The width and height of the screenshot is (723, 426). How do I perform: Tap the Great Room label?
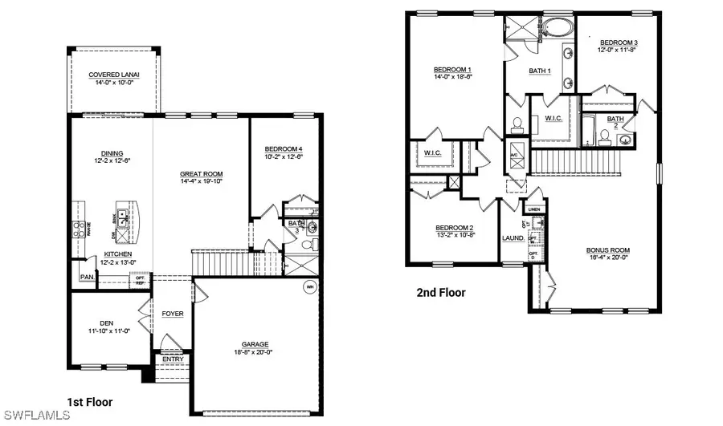click(x=201, y=174)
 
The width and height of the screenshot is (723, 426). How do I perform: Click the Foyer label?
click(x=173, y=314)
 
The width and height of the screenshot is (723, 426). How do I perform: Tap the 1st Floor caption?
click(x=88, y=402)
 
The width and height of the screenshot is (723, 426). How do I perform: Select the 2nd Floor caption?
click(x=441, y=293)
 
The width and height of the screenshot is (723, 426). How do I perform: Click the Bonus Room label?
click(x=607, y=250)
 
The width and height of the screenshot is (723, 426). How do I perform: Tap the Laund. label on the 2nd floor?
click(x=513, y=238)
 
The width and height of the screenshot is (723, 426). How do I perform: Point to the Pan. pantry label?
click(x=86, y=278)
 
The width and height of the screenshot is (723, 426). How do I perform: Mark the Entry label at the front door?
click(x=172, y=359)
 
